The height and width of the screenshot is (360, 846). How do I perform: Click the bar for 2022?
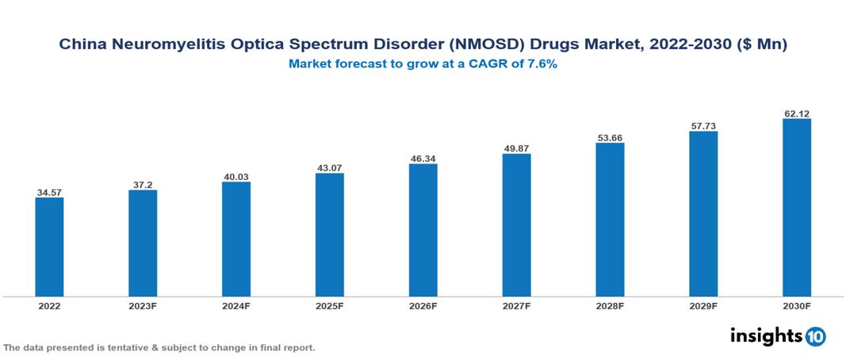pos(49,247)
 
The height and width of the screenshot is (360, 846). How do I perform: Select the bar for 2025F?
pos(330,235)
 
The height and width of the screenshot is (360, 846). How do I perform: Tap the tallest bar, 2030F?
pos(797,207)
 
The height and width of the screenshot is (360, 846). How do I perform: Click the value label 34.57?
pos(49,193)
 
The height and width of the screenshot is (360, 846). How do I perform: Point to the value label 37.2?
pos(143,185)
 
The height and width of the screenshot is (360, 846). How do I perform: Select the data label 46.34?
pos(423,159)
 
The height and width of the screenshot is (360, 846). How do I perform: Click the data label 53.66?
pos(610,138)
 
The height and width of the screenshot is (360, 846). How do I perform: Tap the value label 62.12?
pos(797,113)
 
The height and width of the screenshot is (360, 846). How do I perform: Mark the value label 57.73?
pos(703,126)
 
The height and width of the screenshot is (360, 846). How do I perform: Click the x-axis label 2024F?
pos(236,305)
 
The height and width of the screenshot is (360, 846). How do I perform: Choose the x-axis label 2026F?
pos(423,305)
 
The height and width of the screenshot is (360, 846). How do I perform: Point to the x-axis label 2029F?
pos(703,305)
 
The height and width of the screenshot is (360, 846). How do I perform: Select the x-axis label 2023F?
pos(143,305)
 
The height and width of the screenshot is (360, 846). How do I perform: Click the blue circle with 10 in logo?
pos(815,336)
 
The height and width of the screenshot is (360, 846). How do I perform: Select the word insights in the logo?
pos(766,335)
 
